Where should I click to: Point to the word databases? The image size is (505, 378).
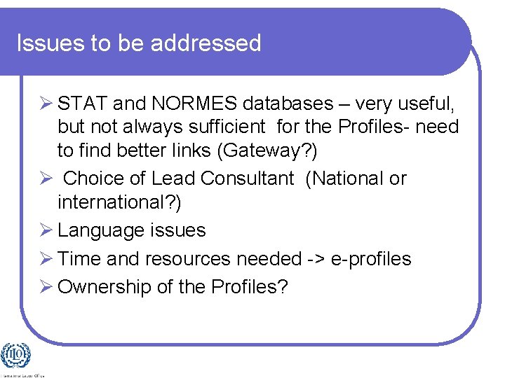coord(288,104)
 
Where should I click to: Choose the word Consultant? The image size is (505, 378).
coord(247,178)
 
